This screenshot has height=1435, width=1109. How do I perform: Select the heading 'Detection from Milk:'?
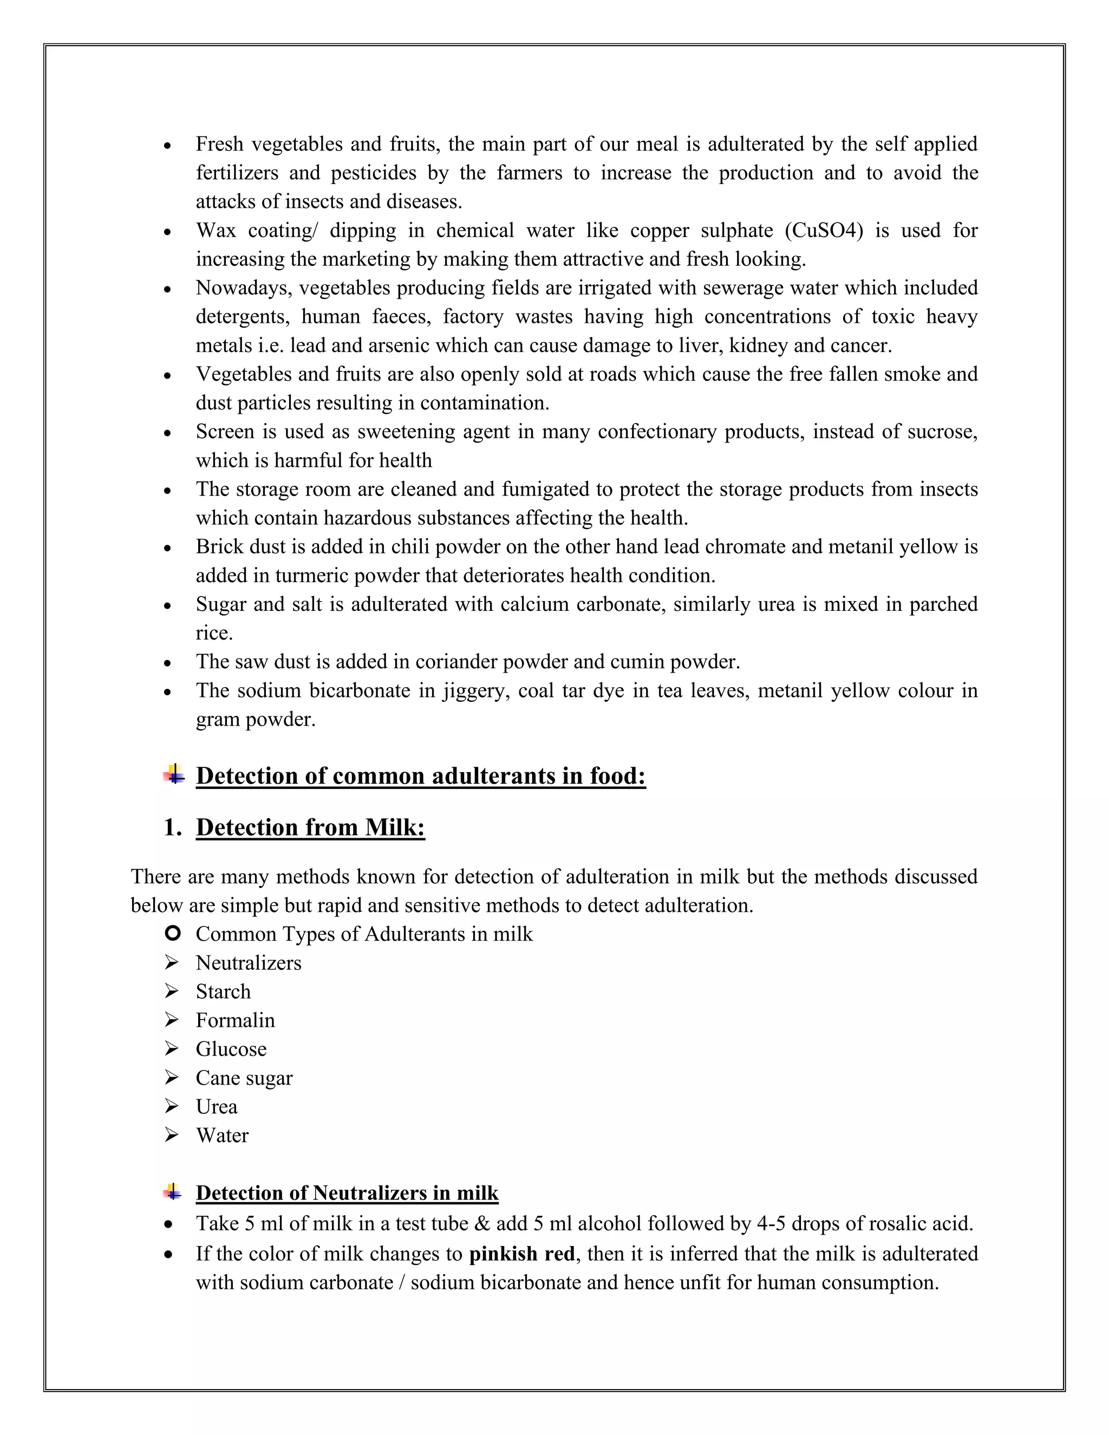pos(310,827)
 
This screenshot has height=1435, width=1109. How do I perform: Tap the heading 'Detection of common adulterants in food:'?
pos(420,776)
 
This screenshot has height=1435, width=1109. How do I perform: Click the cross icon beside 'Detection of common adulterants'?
pos(174,775)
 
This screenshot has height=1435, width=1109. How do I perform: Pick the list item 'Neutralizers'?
pos(249,963)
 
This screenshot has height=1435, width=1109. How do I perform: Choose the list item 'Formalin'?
pos(235,1020)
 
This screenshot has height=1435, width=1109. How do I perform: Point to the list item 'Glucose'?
pos(231,1049)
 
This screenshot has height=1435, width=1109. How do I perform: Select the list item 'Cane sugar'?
pos(244,1078)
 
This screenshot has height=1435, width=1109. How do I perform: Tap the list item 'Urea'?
pos(216,1107)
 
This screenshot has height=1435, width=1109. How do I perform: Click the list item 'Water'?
pos(222,1136)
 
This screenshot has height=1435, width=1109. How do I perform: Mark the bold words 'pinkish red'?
pos(521,1254)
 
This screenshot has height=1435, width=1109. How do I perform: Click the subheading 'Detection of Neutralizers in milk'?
pos(347,1193)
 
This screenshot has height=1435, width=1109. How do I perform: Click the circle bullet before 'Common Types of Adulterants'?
pos(172,933)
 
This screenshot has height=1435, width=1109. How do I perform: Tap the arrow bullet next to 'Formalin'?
pos(172,1020)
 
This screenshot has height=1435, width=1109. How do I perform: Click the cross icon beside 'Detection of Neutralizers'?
pos(173,1192)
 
